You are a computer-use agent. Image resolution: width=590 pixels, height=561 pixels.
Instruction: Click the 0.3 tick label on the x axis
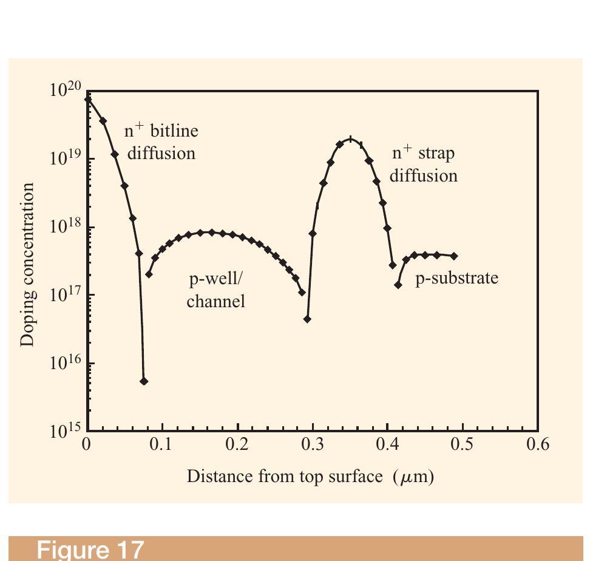(312, 444)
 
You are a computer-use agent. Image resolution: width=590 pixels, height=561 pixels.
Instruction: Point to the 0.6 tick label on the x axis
(537, 444)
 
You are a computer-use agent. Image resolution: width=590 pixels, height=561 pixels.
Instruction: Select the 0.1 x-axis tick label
(161, 444)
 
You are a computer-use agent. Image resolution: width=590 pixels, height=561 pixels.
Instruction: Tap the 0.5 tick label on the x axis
(462, 444)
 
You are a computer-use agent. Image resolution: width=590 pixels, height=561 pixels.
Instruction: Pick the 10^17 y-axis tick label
(65, 295)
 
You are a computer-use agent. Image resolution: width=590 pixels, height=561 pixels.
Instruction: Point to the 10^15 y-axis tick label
(65, 431)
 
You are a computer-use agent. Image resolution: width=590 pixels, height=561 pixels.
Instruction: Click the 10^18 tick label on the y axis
(65, 227)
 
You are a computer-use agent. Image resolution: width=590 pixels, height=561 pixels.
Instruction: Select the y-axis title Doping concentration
(27, 264)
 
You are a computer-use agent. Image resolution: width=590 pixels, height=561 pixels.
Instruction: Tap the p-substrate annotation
(456, 278)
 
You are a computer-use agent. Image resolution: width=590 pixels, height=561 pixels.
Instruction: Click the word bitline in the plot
(174, 131)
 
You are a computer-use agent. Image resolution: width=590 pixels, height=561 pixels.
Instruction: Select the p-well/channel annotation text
(216, 291)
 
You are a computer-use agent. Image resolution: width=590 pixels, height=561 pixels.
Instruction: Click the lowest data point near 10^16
(144, 381)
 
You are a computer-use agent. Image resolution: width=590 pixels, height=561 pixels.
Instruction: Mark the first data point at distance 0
(88, 99)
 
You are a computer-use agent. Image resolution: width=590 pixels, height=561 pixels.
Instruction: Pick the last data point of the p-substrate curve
(454, 256)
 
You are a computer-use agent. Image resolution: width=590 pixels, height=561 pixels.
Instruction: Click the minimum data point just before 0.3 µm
(307, 319)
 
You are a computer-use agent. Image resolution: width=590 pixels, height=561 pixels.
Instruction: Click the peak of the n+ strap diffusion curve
(350, 139)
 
